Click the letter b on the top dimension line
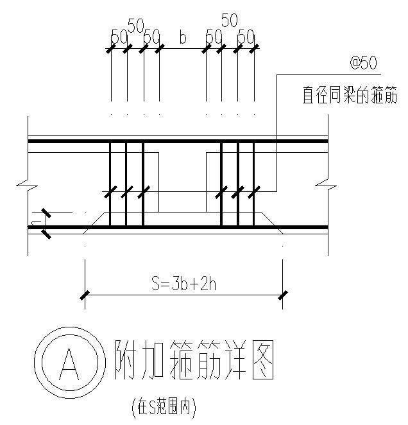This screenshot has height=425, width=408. pos(183,38)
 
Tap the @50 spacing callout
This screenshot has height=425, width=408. pos(364,63)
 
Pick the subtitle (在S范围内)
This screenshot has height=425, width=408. pos(162,406)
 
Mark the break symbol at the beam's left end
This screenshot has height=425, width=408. pos(24,187)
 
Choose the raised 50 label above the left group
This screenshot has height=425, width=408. pos(135,25)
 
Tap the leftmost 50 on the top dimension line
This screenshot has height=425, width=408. pos(119,37)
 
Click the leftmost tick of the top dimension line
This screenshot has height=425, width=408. pos(110,48)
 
